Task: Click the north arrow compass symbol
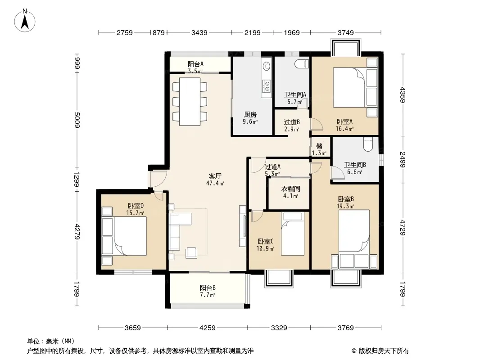[25, 21]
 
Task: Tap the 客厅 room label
[215, 176]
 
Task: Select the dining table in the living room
[190, 102]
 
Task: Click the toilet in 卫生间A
[300, 64]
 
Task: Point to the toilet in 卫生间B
[367, 144]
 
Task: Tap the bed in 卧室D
[130, 236]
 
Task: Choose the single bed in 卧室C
[293, 234]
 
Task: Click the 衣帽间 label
[290, 189]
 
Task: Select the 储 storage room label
[319, 146]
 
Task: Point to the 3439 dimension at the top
[199, 32]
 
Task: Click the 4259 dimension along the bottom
[207, 328]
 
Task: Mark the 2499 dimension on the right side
[403, 160]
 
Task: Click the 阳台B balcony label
[208, 288]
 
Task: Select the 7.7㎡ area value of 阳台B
[207, 295]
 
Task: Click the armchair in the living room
[192, 252]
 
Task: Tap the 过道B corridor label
[292, 122]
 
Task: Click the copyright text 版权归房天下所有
[384, 351]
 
